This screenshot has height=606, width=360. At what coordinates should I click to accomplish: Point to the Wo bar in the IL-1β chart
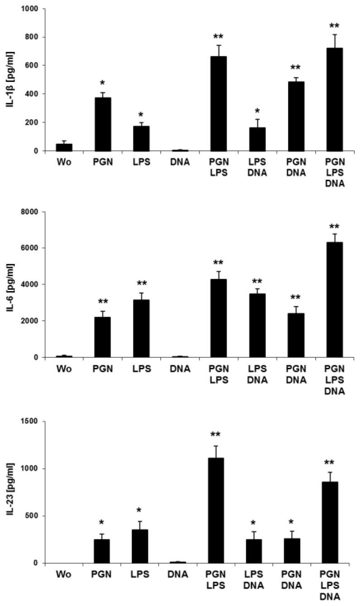[64, 147]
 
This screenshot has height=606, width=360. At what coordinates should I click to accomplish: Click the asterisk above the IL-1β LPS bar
[141, 114]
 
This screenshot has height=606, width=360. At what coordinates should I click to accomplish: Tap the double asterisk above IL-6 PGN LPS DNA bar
[334, 226]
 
